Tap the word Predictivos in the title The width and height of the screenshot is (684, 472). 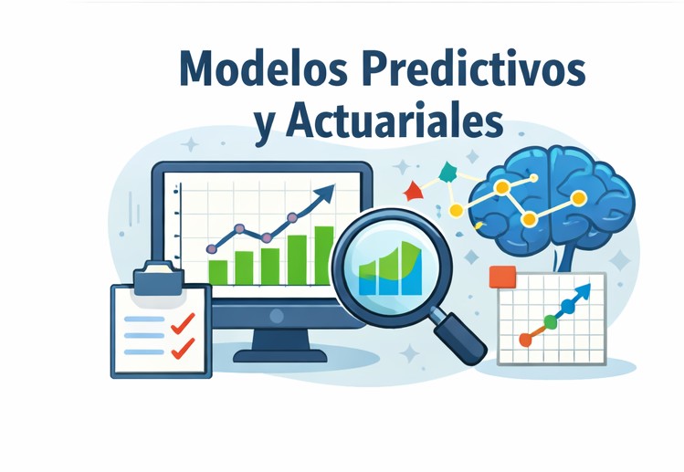pos(474,70)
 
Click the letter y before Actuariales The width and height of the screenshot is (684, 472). pos(266,125)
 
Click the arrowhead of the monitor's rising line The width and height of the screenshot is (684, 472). pos(325,193)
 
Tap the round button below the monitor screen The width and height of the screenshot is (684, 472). pos(277,315)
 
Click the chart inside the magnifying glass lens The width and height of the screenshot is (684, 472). pos(390,269)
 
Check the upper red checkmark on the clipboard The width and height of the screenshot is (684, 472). pos(184,321)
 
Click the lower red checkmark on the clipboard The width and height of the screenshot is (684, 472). pos(184,347)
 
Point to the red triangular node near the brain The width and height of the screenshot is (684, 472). pos(413,191)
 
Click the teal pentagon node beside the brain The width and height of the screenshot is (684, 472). pos(447,171)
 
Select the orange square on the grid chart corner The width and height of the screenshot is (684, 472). pos(502,277)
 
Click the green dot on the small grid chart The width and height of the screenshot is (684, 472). pos(550,321)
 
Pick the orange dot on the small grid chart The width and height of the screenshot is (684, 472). pos(525,340)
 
